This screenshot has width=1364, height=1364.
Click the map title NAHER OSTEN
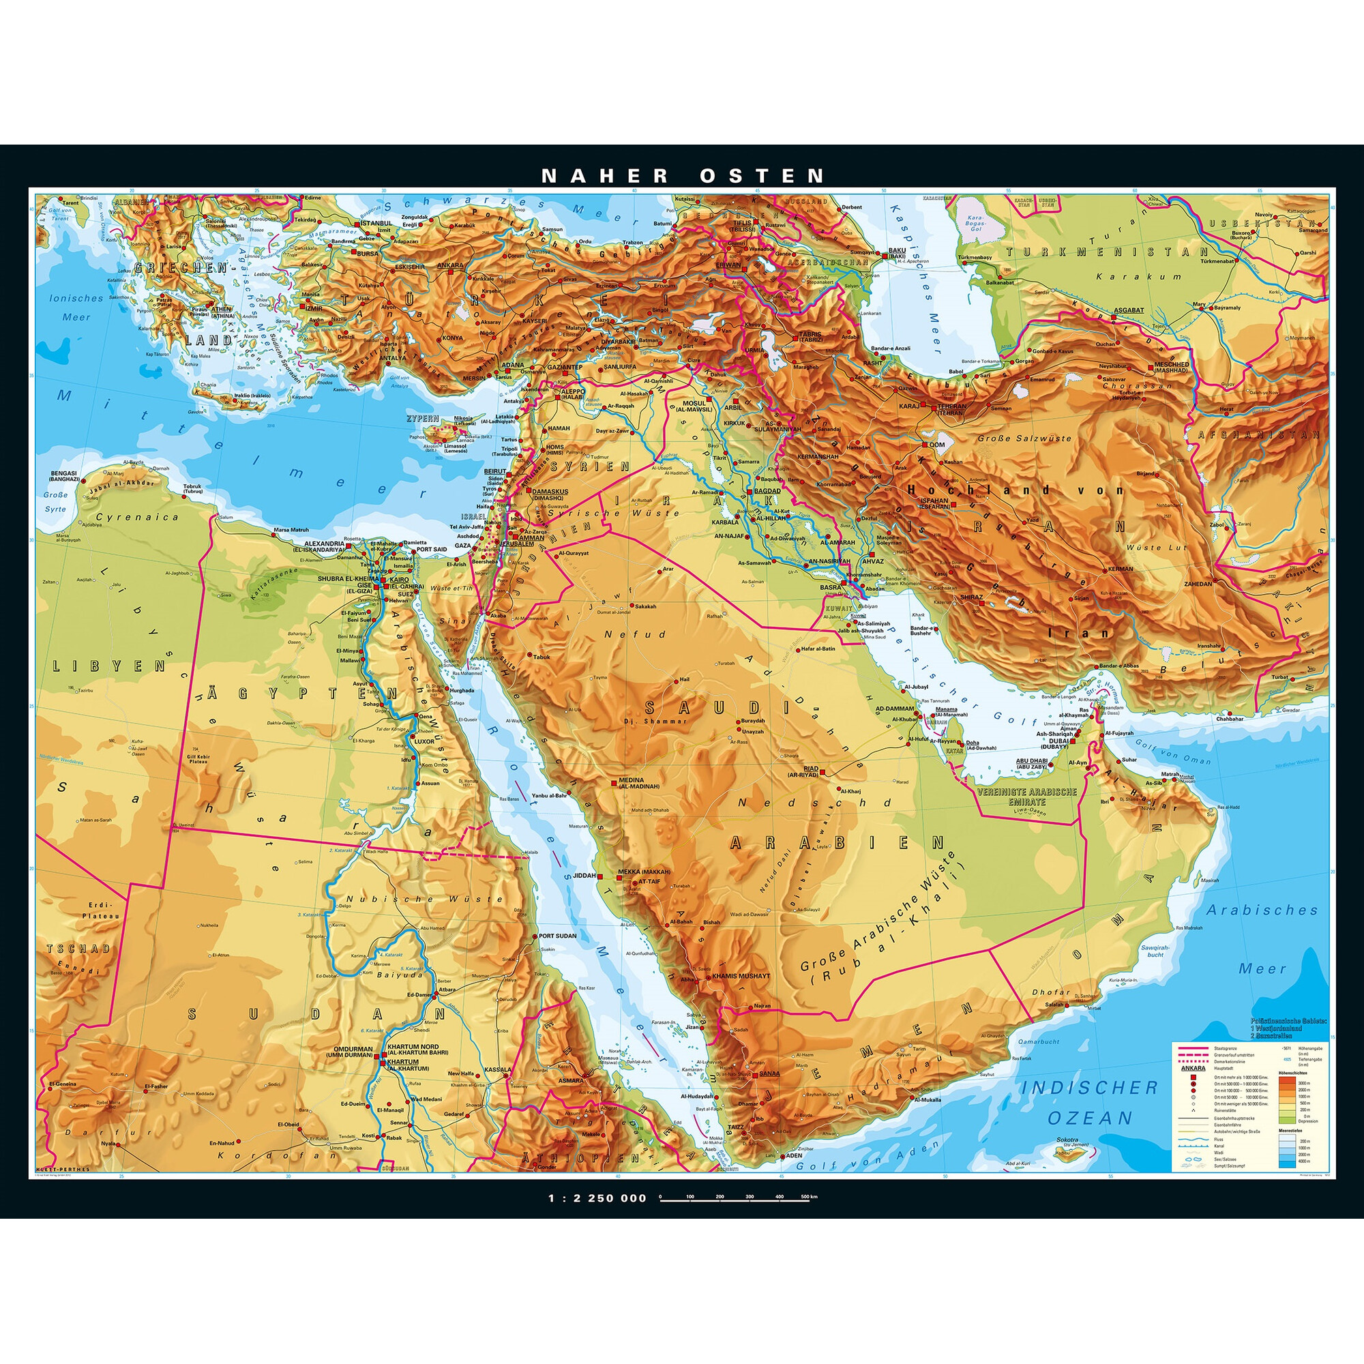pos(682,176)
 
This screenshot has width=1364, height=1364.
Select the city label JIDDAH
pos(584,876)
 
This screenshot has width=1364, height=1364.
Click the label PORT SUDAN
pos(557,936)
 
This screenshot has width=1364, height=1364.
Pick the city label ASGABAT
pos(1128,310)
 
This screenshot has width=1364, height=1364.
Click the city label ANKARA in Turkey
pos(450,266)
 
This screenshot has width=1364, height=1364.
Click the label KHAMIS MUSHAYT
pos(741,976)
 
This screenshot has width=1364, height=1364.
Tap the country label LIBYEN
pos(110,666)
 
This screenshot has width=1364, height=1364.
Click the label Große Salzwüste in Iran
pos(1024,439)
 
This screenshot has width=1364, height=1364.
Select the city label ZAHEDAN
pos(1198,584)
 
